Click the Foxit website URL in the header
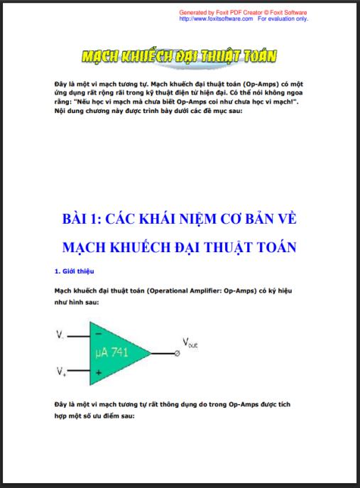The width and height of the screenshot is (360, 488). click(x=216, y=19)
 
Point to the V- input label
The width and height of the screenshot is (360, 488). click(x=60, y=333)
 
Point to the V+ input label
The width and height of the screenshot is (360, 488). click(x=60, y=371)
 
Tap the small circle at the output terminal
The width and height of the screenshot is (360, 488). click(x=177, y=353)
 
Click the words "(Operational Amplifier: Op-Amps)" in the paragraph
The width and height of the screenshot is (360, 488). click(x=197, y=291)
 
